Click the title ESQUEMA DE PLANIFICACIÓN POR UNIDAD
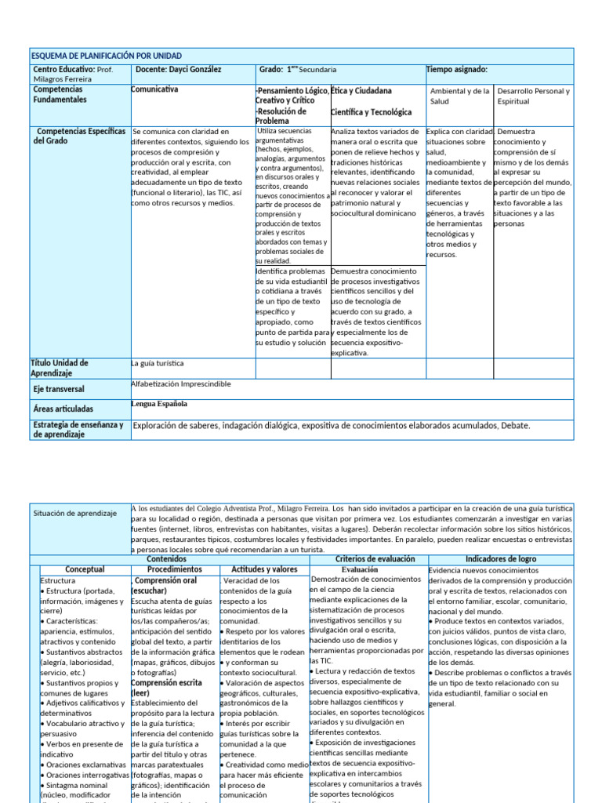(107, 56)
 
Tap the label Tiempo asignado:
(457, 70)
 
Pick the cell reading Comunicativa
(154, 90)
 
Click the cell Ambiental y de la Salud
(459, 96)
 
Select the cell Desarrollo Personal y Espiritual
(533, 96)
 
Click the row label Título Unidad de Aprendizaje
(60, 368)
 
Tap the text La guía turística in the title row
(158, 364)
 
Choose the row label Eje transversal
(59, 389)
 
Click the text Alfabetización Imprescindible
(181, 384)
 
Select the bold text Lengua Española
(159, 404)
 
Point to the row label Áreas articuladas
(63, 409)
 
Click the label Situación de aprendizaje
(75, 513)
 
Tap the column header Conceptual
(84, 569)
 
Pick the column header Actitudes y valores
(264, 569)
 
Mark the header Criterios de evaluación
(368, 558)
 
